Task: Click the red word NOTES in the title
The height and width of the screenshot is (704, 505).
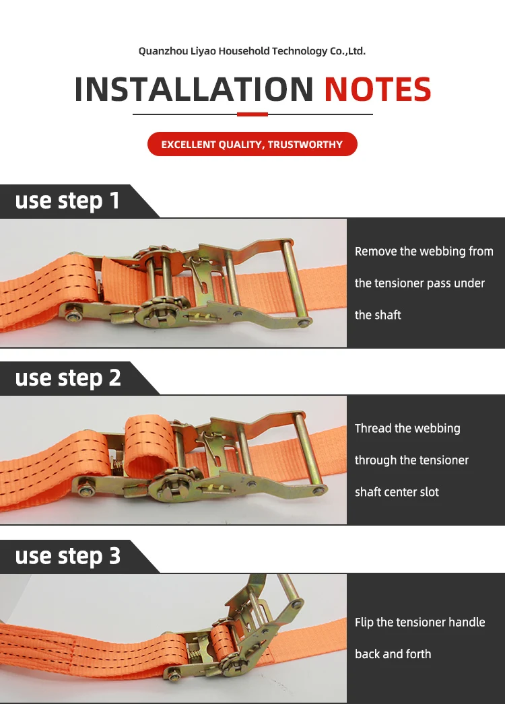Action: point(377,89)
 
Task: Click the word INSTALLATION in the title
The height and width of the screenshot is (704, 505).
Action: point(194,89)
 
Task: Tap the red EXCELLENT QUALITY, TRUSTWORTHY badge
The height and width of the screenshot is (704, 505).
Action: point(252,144)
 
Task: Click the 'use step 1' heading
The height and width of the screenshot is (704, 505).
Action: point(67,201)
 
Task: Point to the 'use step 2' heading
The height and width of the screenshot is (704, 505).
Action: point(68,378)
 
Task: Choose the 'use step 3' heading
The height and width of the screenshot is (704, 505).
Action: point(68,555)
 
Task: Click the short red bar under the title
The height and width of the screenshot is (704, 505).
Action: point(252,114)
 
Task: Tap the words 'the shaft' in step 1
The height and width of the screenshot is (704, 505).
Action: point(378,315)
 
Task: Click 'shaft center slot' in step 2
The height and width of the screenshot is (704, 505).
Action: point(397,492)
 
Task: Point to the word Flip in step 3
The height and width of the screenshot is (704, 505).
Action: point(364,623)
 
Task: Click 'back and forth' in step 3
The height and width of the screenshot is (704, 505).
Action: point(393,654)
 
